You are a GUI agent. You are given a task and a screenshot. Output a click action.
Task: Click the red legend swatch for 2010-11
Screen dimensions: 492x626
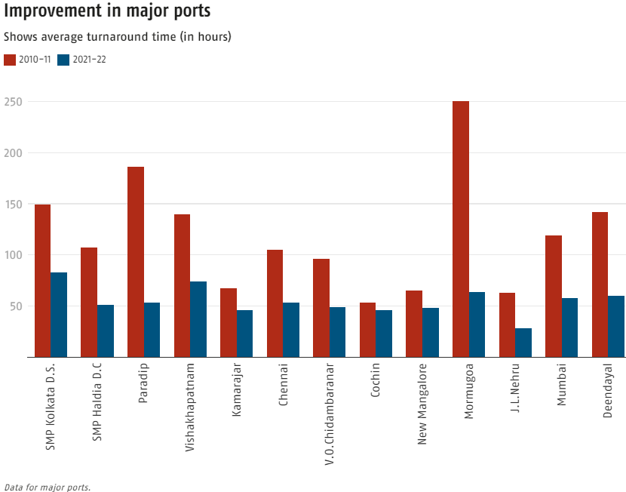pyautogui.click(x=10, y=60)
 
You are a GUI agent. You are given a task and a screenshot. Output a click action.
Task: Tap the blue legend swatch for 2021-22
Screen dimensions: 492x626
pyautogui.click(x=64, y=60)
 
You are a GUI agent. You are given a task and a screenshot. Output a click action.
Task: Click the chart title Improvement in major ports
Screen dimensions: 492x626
pyautogui.click(x=107, y=12)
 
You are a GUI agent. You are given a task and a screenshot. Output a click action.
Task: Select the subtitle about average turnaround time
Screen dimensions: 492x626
pyautogui.click(x=118, y=36)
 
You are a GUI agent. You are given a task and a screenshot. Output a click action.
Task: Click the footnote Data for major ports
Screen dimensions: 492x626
pyautogui.click(x=47, y=487)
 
